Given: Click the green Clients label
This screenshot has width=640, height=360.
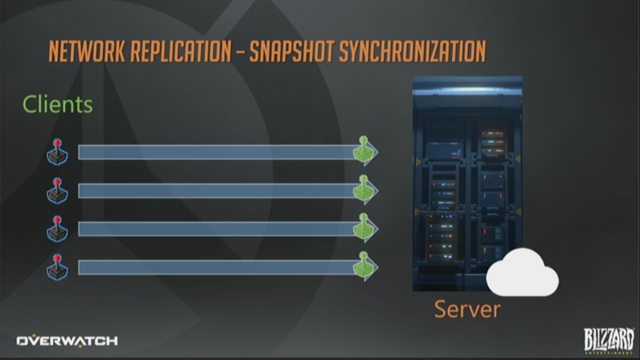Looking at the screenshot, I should pos(57,104).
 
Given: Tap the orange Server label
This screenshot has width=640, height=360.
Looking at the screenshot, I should pos(467,310).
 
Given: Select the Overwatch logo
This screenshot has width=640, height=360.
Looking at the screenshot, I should pos(67,341).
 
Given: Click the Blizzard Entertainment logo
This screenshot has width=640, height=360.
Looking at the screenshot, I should pos(608,340).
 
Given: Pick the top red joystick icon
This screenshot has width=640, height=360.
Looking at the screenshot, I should pos(57,152).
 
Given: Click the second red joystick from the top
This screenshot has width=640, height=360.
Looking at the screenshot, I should pos(57,191).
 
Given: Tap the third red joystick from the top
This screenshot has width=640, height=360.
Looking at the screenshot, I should pos(57,229).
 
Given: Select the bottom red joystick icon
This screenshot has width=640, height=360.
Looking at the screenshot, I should pos(57,267).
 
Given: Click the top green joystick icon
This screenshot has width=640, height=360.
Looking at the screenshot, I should pos(364,150).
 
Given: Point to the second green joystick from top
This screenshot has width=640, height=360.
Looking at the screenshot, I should pos(364,189).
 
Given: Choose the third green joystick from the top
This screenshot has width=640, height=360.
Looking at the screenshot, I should pos(364,228).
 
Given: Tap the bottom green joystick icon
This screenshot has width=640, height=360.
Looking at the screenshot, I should pos(364,266).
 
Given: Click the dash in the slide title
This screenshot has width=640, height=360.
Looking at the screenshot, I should pos(238,53).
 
